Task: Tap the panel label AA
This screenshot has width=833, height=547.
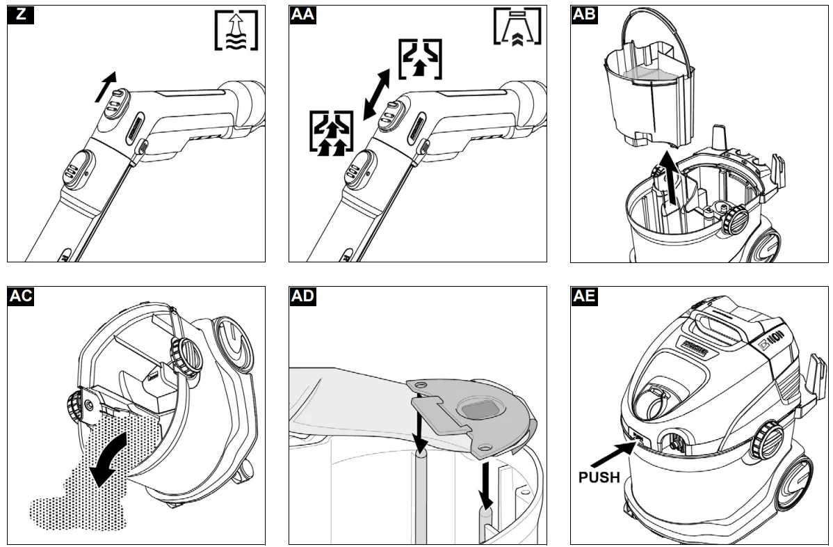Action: (x=302, y=15)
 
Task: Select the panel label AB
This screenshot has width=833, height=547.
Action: (x=584, y=15)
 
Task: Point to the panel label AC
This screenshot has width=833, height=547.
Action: (x=20, y=296)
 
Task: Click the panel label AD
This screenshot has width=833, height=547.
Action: (x=302, y=296)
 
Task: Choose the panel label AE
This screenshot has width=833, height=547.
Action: (x=584, y=296)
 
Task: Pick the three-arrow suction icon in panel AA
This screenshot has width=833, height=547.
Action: (x=330, y=132)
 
